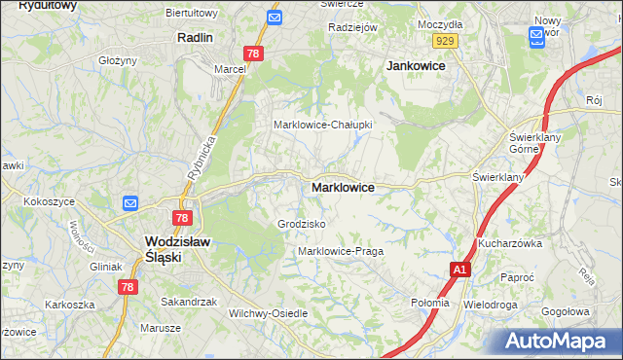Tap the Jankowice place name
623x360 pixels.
click(416, 65)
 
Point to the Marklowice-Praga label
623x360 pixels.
click(341, 251)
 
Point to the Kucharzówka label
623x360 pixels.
click(509, 243)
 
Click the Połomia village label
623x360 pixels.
click(430, 303)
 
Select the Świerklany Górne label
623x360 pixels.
click(531, 143)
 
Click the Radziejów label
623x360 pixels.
click(352, 28)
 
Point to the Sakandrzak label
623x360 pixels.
click(189, 302)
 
